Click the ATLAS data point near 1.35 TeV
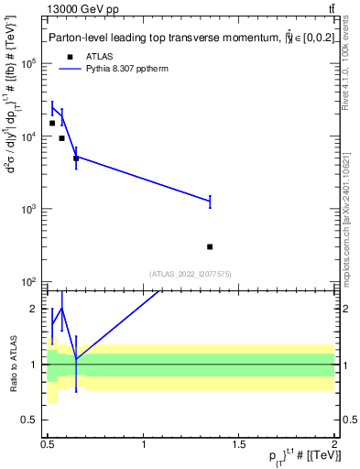click(x=210, y=246)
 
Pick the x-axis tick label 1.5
click(x=239, y=444)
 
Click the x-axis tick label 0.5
click(x=48, y=444)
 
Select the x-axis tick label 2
click(x=334, y=444)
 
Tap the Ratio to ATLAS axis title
click(x=14, y=364)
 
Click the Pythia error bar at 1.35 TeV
click(x=210, y=201)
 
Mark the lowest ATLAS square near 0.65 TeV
click(x=76, y=158)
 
